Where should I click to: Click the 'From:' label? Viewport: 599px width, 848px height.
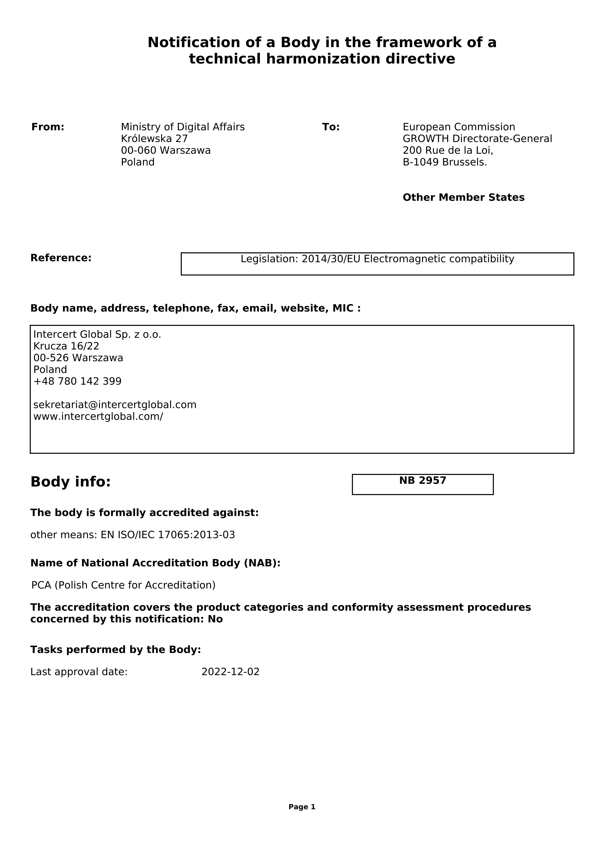(48, 127)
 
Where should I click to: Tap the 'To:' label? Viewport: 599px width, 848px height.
(331, 127)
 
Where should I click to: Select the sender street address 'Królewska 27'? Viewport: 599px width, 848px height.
(154, 139)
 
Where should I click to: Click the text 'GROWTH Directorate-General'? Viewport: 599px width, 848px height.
(477, 139)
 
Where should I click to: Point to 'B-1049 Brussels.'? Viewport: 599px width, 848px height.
(445, 162)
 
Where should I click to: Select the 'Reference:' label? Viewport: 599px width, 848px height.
(61, 258)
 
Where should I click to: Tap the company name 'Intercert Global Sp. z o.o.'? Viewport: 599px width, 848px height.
(97, 335)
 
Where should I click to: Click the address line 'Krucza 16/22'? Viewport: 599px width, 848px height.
(66, 346)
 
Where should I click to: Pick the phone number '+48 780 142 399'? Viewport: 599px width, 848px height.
(77, 381)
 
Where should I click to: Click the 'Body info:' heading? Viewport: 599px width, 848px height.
(71, 482)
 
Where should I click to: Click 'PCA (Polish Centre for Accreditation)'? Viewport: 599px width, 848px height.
(123, 585)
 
